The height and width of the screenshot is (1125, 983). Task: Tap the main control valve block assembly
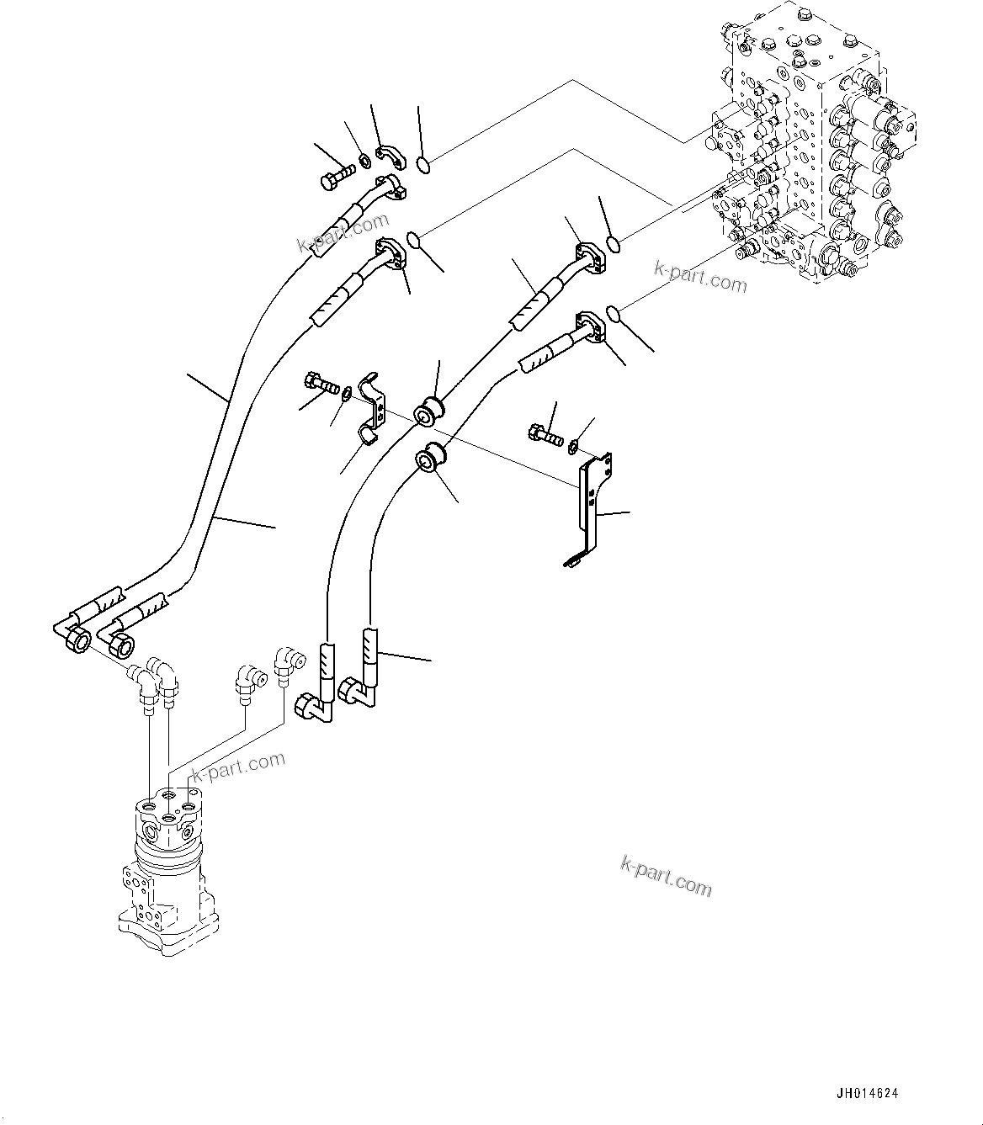pyautogui.click(x=808, y=151)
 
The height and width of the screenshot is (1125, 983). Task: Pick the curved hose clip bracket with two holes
pyautogui.click(x=370, y=407)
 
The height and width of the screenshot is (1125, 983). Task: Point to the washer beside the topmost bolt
pyautogui.click(x=364, y=161)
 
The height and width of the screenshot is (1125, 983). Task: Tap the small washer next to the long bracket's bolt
pyautogui.click(x=574, y=443)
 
